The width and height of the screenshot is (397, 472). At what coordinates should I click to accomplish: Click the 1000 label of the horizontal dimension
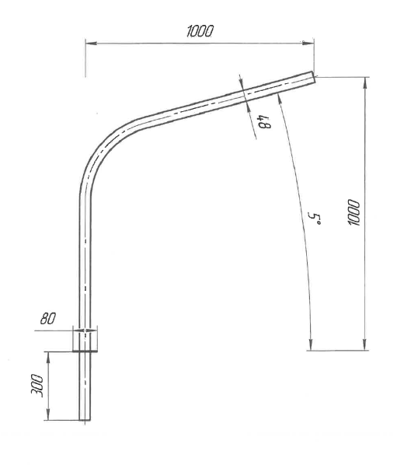point(200,31)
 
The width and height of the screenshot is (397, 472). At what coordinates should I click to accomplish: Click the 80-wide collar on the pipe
point(85,340)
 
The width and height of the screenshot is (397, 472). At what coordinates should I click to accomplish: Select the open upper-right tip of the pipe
point(313,76)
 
